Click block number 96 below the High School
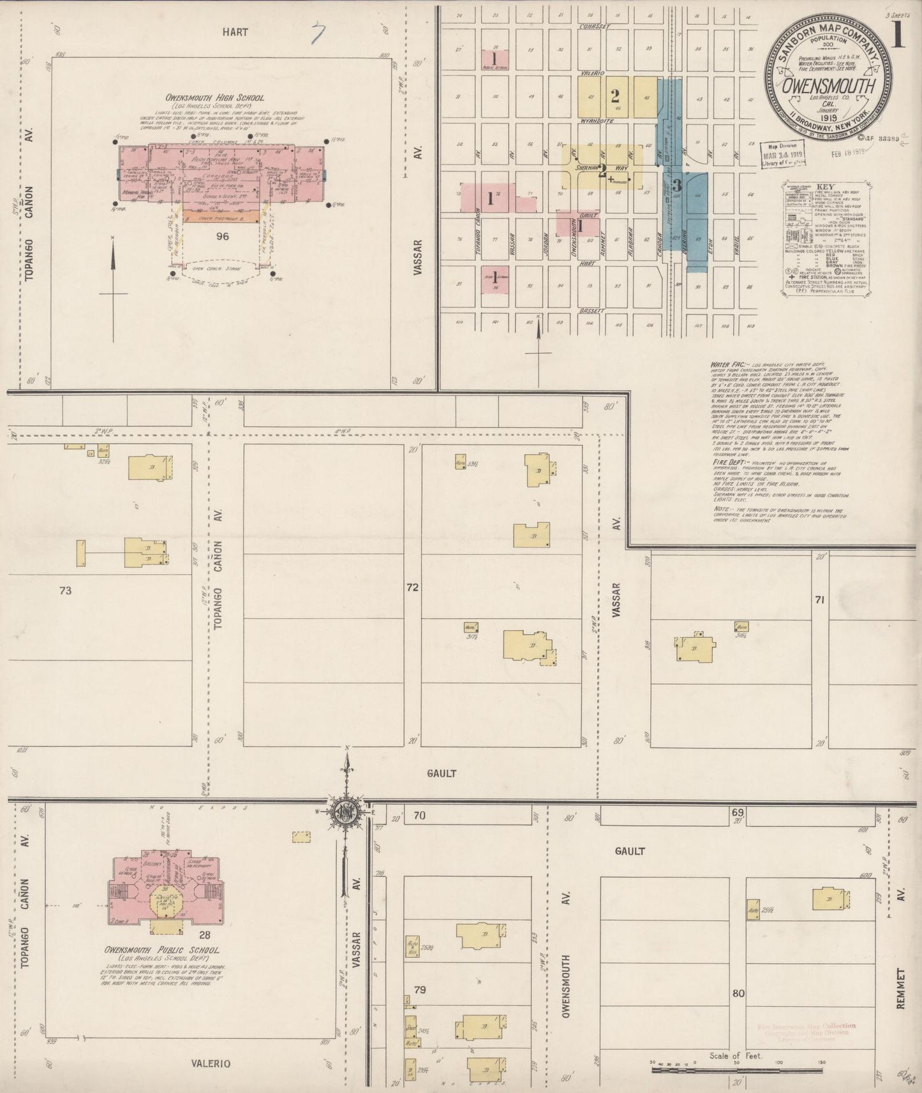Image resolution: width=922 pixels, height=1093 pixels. pyautogui.click(x=222, y=237)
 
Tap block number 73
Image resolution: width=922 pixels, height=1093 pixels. pyautogui.click(x=65, y=591)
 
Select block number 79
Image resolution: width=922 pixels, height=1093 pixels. pyautogui.click(x=419, y=990)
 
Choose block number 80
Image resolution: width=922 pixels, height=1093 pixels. pyautogui.click(x=739, y=994)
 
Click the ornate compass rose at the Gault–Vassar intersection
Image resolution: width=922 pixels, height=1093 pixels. pyautogui.click(x=346, y=811)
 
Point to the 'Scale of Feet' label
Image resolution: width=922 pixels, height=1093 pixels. pyautogui.click(x=736, y=1055)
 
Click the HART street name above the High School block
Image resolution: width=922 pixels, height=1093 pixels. pyautogui.click(x=235, y=32)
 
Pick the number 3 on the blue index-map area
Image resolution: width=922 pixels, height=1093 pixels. pyautogui.click(x=677, y=186)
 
